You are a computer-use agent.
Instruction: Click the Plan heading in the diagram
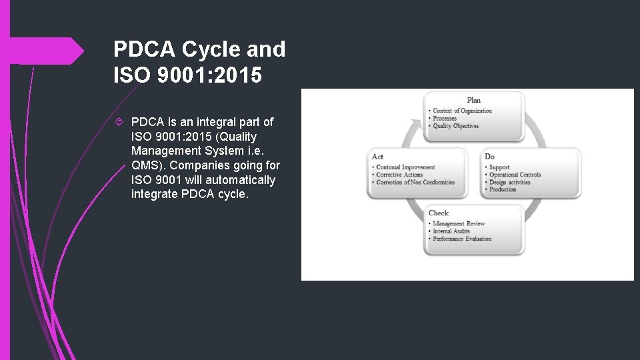click(x=473, y=100)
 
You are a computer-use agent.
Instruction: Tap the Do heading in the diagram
click(x=490, y=157)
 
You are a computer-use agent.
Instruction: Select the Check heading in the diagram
click(x=439, y=213)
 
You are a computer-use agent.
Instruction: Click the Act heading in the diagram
click(x=377, y=157)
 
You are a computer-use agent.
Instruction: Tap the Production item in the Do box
click(x=503, y=189)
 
